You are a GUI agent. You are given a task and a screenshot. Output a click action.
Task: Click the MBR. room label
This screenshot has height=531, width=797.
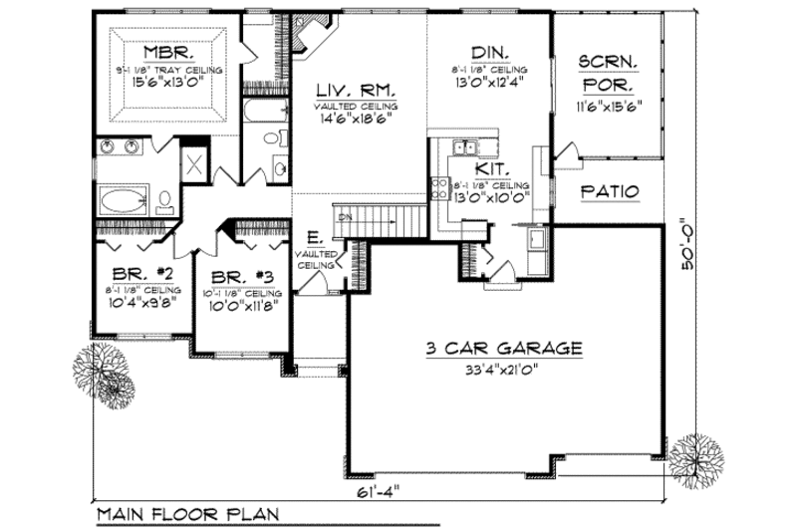(167, 51)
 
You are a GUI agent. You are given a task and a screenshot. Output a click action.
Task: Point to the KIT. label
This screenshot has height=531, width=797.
(489, 170)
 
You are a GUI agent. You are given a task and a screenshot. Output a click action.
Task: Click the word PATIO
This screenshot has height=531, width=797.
(609, 191)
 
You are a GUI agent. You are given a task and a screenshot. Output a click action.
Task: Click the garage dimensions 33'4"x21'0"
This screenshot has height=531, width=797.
(504, 369)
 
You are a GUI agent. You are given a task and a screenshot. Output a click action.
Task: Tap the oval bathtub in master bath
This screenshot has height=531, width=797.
(123, 199)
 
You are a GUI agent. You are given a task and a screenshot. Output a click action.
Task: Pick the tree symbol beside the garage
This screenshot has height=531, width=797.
(690, 459)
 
